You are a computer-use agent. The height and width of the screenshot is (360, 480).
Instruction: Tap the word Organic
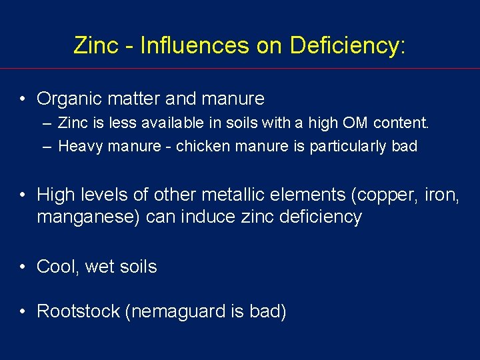point(65,99)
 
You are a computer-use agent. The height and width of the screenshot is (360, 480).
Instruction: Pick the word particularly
point(349,146)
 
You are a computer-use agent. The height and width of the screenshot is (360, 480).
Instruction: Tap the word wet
point(100,267)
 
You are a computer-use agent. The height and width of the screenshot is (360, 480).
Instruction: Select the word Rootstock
point(78,311)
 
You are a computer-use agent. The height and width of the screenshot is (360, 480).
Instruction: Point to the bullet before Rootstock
point(23,311)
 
